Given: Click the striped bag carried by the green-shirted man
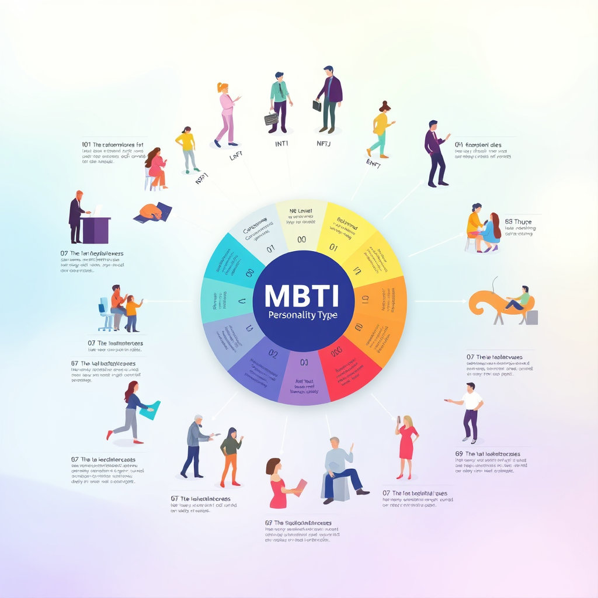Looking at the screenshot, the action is (x=271, y=119).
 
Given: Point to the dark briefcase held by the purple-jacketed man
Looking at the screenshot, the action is (x=317, y=106).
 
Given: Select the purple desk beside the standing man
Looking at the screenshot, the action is (x=96, y=230).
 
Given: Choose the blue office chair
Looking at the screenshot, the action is (x=106, y=313).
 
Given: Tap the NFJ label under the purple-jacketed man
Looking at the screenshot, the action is (x=323, y=144).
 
